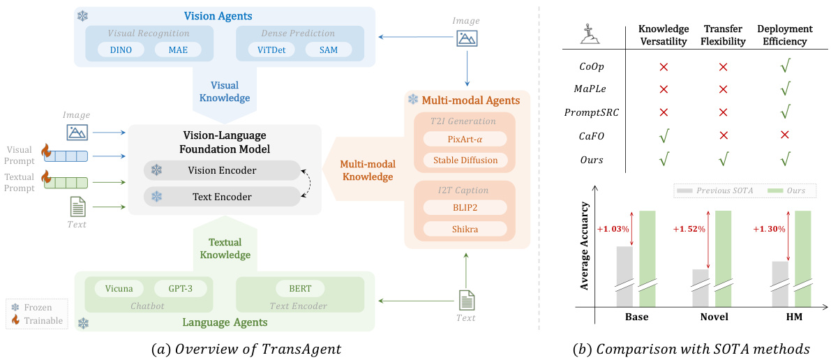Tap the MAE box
click(x=177, y=50)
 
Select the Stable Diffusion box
click(x=465, y=160)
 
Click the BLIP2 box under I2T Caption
click(x=465, y=207)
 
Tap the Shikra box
click(x=465, y=229)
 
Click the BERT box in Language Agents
click(x=300, y=288)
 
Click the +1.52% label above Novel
click(x=688, y=229)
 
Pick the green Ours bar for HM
click(x=803, y=258)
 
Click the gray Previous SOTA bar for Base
click(x=624, y=276)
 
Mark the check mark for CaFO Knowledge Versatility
click(x=664, y=135)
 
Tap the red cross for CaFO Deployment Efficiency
click(x=785, y=135)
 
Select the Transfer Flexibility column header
click(x=723, y=35)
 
